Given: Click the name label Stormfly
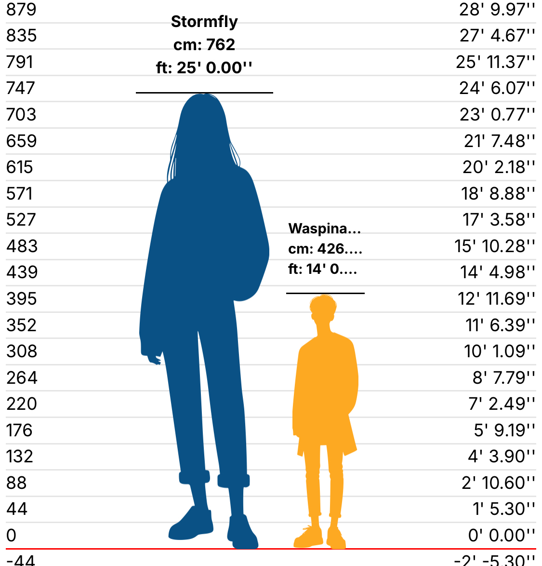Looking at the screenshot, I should tap(204, 22).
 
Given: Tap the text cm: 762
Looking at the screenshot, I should tap(204, 45).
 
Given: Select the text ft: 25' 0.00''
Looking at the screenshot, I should tap(204, 67).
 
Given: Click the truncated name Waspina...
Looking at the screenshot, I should tap(324, 229).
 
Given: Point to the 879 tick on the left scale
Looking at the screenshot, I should tap(22, 9).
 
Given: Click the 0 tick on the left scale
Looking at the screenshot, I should tap(12, 535).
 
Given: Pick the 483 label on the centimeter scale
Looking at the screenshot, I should tap(22, 246).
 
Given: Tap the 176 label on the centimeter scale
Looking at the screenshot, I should tap(19, 430).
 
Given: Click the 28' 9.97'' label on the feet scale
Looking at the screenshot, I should tap(497, 9).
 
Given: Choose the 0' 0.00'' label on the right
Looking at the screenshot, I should tap(501, 535).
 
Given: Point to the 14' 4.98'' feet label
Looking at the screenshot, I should tap(497, 272).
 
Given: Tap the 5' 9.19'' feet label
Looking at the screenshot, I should tap(504, 430).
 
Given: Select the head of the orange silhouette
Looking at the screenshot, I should tap(323, 309).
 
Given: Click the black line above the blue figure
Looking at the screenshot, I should tap(204, 93).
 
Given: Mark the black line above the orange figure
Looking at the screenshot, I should tap(325, 293).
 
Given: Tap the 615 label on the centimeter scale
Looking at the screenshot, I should tap(20, 167).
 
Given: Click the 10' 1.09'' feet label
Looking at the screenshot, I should tap(500, 351).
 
